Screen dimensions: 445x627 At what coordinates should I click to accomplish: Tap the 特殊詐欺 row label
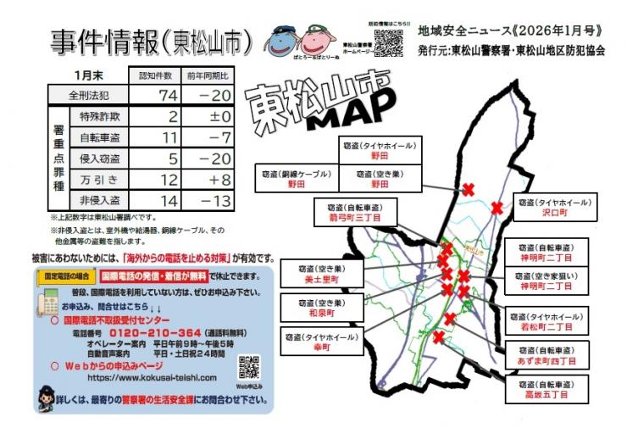coord(99,116)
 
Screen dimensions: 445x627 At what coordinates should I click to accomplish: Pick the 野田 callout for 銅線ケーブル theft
coord(296,176)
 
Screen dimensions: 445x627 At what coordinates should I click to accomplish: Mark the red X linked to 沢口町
coord(497,208)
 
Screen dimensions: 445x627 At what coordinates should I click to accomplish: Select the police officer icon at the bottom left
coord(47,396)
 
